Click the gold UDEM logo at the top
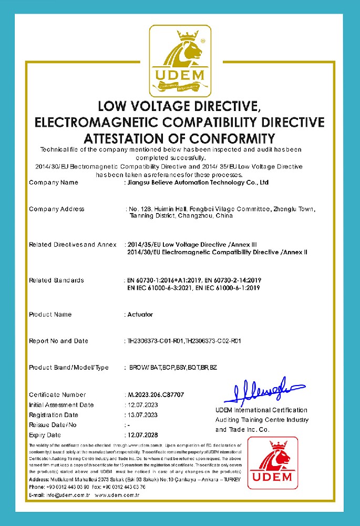coord(180,62)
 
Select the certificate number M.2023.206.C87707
coord(156,394)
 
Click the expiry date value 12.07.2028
coord(142,436)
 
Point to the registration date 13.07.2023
coord(142,415)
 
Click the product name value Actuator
coord(140,315)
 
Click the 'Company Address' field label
coord(57,209)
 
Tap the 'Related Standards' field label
coord(56,280)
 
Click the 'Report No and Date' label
coord(58,341)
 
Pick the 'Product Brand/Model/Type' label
coord(68,367)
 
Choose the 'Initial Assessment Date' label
coord(61,405)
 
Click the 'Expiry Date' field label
coord(45,436)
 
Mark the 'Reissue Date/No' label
coord(53,425)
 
